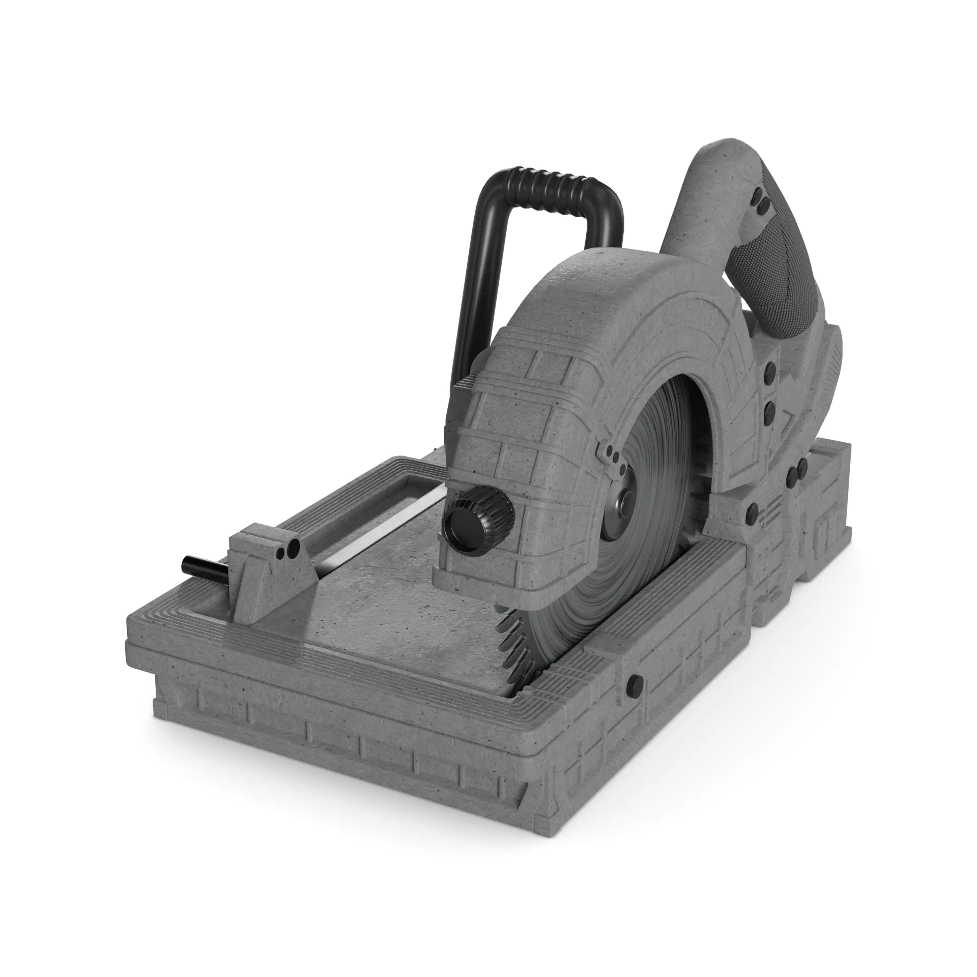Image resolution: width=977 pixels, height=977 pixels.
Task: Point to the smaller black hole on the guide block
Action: click(280, 553)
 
